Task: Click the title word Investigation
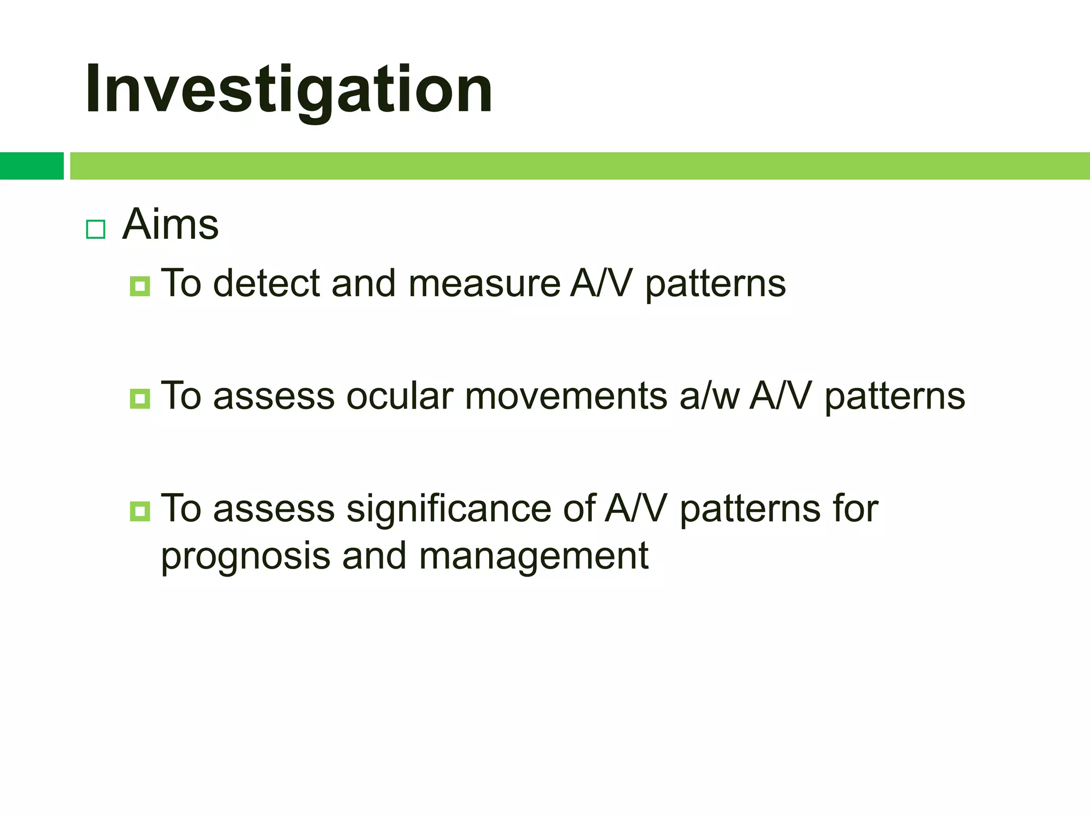pos(288,89)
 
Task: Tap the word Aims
pos(170,224)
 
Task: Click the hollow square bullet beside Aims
pos(96,229)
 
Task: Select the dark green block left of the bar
pos(31,166)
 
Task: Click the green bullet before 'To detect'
pos(140,286)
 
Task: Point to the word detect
pos(266,283)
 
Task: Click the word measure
pos(484,284)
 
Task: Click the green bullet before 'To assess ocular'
pos(140,399)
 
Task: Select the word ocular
pos(399,397)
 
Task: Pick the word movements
pos(566,397)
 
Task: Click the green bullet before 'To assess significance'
pos(140,512)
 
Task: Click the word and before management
pos(374,556)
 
